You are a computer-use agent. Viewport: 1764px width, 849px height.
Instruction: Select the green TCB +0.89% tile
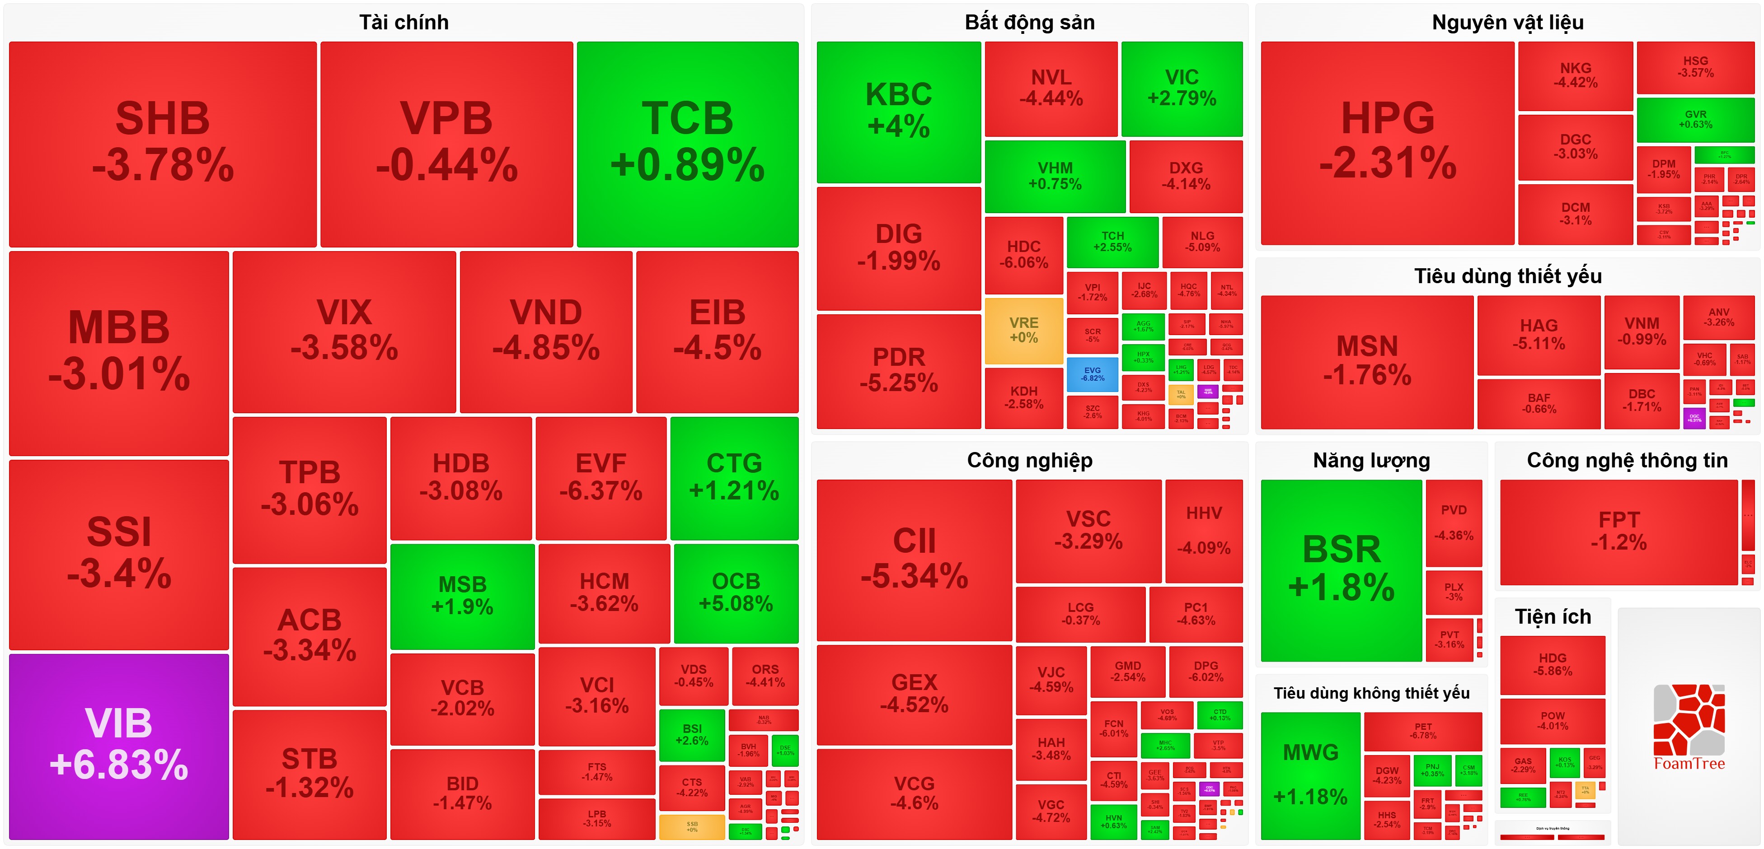688,144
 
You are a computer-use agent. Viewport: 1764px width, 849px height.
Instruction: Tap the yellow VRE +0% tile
1024,330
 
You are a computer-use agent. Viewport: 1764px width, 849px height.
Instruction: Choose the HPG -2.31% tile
1387,142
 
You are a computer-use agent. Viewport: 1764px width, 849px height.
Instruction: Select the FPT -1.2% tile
1619,532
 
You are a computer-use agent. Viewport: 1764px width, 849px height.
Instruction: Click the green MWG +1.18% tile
1310,775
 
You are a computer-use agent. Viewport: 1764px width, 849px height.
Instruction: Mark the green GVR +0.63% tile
1695,119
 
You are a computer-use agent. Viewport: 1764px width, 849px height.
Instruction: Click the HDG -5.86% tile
1553,664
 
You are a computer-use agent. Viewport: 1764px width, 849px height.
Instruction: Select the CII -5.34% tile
914,560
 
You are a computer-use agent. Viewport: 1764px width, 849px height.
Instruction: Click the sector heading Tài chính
404,23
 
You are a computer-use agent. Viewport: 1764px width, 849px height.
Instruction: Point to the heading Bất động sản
1029,23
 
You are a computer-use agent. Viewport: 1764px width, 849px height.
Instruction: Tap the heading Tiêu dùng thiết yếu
1508,276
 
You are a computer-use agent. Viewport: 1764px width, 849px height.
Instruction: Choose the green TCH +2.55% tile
1112,242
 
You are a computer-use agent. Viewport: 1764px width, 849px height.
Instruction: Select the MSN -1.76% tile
1367,362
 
